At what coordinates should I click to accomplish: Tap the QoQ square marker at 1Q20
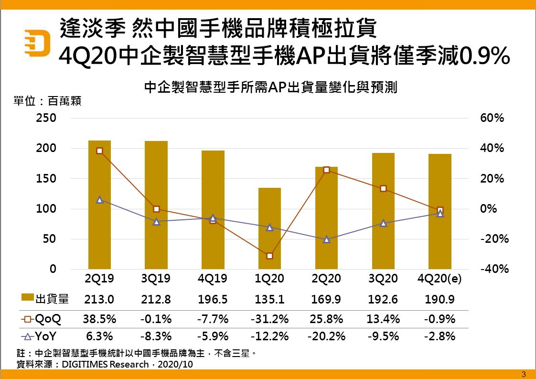coord(269,256)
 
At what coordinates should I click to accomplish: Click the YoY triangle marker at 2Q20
coord(326,239)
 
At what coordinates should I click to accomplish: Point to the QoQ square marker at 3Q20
coord(383,188)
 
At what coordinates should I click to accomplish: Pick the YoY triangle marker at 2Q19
coord(99,200)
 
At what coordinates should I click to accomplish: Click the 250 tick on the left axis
coord(46,118)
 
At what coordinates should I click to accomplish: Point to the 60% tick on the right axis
coord(492,118)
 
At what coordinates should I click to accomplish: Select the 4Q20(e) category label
coord(440,279)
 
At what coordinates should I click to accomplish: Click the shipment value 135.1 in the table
coord(270,300)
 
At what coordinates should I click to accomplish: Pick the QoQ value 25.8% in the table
coord(326,319)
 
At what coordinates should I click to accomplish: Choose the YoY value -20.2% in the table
coord(326,336)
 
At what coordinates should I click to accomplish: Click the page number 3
coord(524,374)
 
